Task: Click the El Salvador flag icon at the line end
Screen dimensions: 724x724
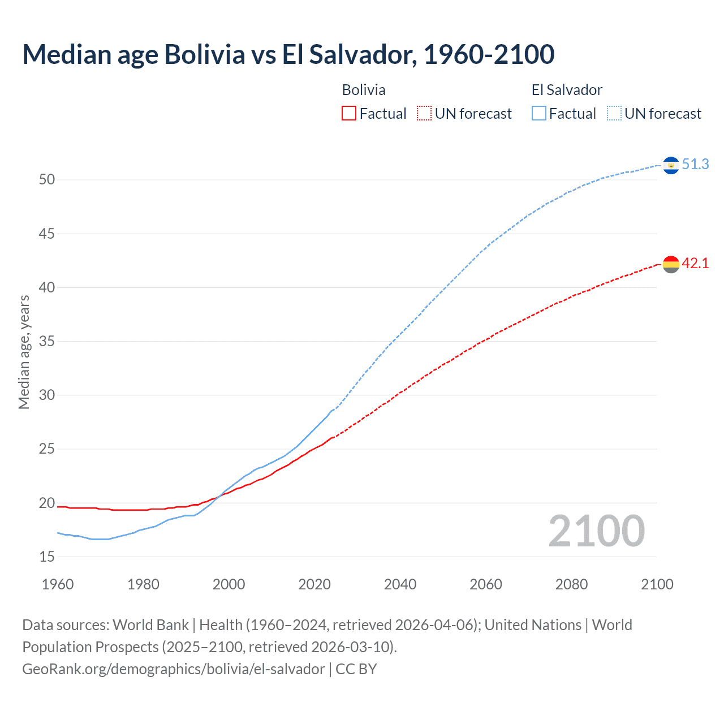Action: pos(671,165)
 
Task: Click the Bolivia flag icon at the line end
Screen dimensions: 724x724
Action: pos(671,264)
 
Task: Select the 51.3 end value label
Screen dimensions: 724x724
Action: pos(695,164)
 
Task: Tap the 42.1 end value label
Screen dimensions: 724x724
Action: pos(695,263)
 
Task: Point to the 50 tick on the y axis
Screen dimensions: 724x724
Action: pos(47,180)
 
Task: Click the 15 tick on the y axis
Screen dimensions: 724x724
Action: pos(47,557)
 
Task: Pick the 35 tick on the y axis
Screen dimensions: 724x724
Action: pos(47,342)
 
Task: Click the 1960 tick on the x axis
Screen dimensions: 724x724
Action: pos(58,584)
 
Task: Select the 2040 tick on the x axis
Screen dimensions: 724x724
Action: pos(400,584)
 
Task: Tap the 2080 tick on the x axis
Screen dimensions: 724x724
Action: pos(571,584)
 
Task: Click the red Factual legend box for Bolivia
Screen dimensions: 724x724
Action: pos(349,114)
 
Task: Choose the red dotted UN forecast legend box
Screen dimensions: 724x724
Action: pos(424,114)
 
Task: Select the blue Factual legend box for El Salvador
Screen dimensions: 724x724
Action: pos(539,114)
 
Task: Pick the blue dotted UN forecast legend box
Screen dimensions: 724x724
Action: pos(614,114)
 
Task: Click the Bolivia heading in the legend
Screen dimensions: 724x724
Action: pos(364,90)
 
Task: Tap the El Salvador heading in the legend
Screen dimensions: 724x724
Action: pos(567,90)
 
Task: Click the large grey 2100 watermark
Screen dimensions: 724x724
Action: pos(596,531)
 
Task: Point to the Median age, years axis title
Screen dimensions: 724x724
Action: pos(24,352)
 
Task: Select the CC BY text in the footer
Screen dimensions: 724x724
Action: pos(356,669)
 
